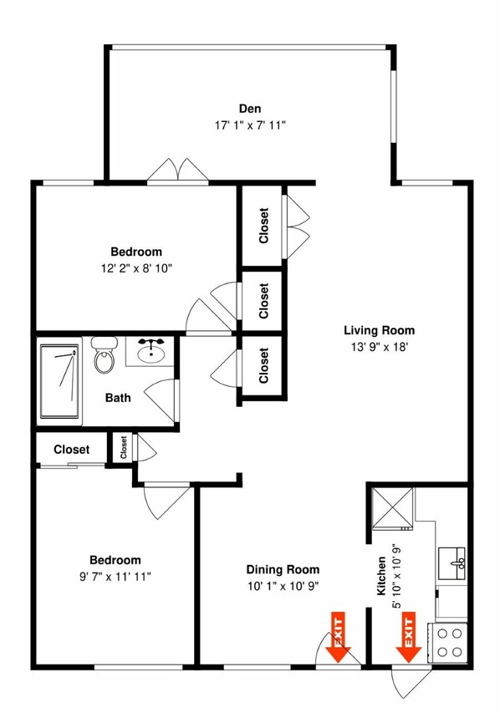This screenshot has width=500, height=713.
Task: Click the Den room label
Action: click(x=249, y=107)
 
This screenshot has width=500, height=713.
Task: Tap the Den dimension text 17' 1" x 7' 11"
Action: click(x=249, y=125)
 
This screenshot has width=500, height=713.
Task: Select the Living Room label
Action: click(x=379, y=329)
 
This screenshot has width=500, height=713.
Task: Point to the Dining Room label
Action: click(x=283, y=569)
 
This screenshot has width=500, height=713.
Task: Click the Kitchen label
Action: click(x=381, y=576)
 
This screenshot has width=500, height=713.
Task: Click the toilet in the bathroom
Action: click(x=105, y=354)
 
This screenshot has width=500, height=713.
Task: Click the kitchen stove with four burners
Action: click(x=450, y=642)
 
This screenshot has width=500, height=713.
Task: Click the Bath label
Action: click(x=118, y=398)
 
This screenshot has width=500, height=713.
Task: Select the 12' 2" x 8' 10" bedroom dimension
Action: click(x=136, y=268)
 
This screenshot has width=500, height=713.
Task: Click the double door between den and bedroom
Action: click(x=176, y=170)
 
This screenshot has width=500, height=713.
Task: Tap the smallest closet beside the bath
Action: click(x=123, y=448)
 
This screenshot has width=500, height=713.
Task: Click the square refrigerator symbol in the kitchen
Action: click(x=391, y=507)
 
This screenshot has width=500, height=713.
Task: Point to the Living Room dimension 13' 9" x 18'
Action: click(x=379, y=348)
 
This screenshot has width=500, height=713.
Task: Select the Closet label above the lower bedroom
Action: click(x=71, y=450)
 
